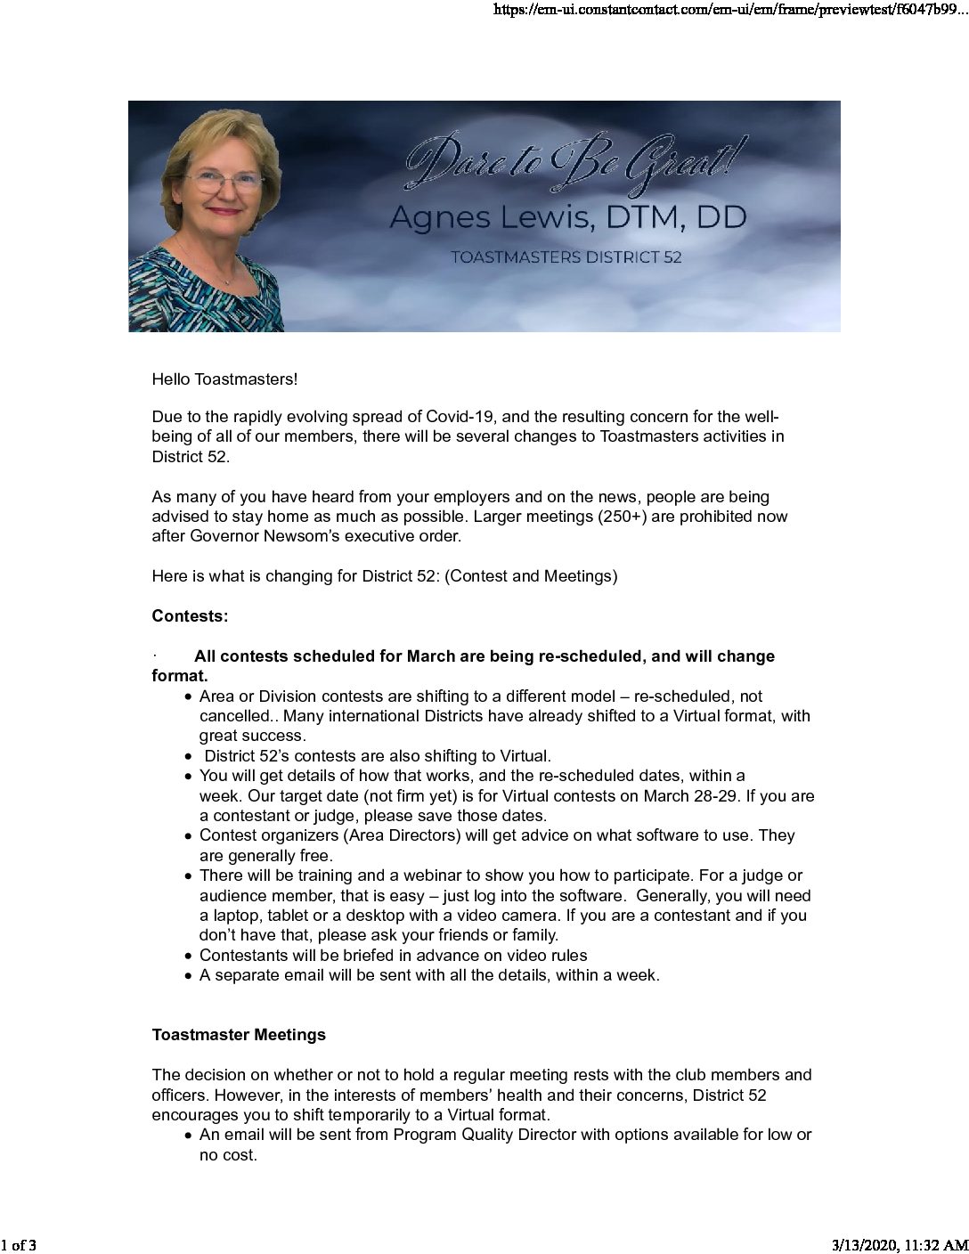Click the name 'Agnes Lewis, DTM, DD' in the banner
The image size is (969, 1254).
pyautogui.click(x=567, y=217)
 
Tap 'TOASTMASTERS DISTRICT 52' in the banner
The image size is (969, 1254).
pyautogui.click(x=566, y=257)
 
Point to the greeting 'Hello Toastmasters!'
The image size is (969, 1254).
pyautogui.click(x=224, y=379)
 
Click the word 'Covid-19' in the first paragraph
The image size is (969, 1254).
pyautogui.click(x=455, y=417)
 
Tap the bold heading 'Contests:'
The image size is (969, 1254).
pyautogui.click(x=190, y=616)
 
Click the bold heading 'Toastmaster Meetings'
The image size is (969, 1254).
pyautogui.click(x=239, y=1035)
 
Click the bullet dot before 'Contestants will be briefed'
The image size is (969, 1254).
pyautogui.click(x=189, y=957)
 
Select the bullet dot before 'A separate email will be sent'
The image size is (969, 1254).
pyautogui.click(x=189, y=976)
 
